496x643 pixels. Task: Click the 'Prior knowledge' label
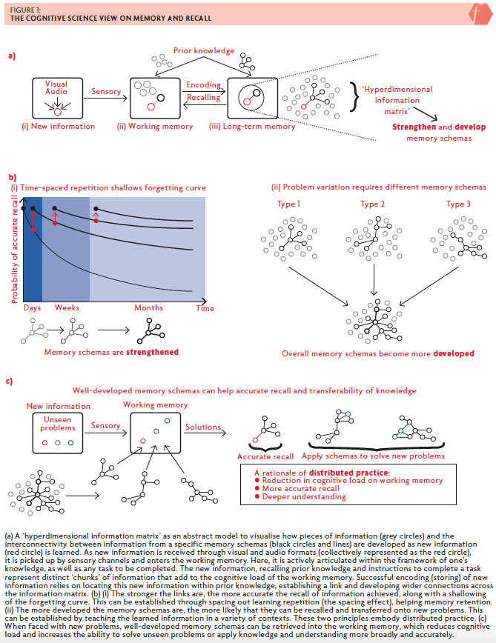coord(203,50)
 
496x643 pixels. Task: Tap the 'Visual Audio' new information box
coord(57,98)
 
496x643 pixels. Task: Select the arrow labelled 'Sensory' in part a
coord(105,98)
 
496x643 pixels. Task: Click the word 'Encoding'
coord(203,84)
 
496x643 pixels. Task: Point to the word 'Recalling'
coord(203,97)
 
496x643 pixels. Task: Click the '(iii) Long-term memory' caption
coord(252,126)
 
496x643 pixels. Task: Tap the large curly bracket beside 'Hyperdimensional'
coord(354,97)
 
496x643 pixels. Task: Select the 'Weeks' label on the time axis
coord(67,307)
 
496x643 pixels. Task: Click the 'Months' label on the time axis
coord(148,307)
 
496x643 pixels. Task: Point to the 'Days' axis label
coord(32,308)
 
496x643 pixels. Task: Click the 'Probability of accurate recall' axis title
coord(15,250)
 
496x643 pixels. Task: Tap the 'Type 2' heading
coord(372,204)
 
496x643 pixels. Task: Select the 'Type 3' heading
coord(458,204)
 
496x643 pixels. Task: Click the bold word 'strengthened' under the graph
coord(152,352)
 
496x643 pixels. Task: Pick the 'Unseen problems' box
coord(57,433)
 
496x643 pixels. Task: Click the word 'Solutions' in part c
coord(202,427)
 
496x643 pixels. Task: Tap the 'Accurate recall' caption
coord(265,456)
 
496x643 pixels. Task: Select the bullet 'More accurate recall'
coord(297,488)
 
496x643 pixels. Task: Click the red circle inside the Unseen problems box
coord(44,443)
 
